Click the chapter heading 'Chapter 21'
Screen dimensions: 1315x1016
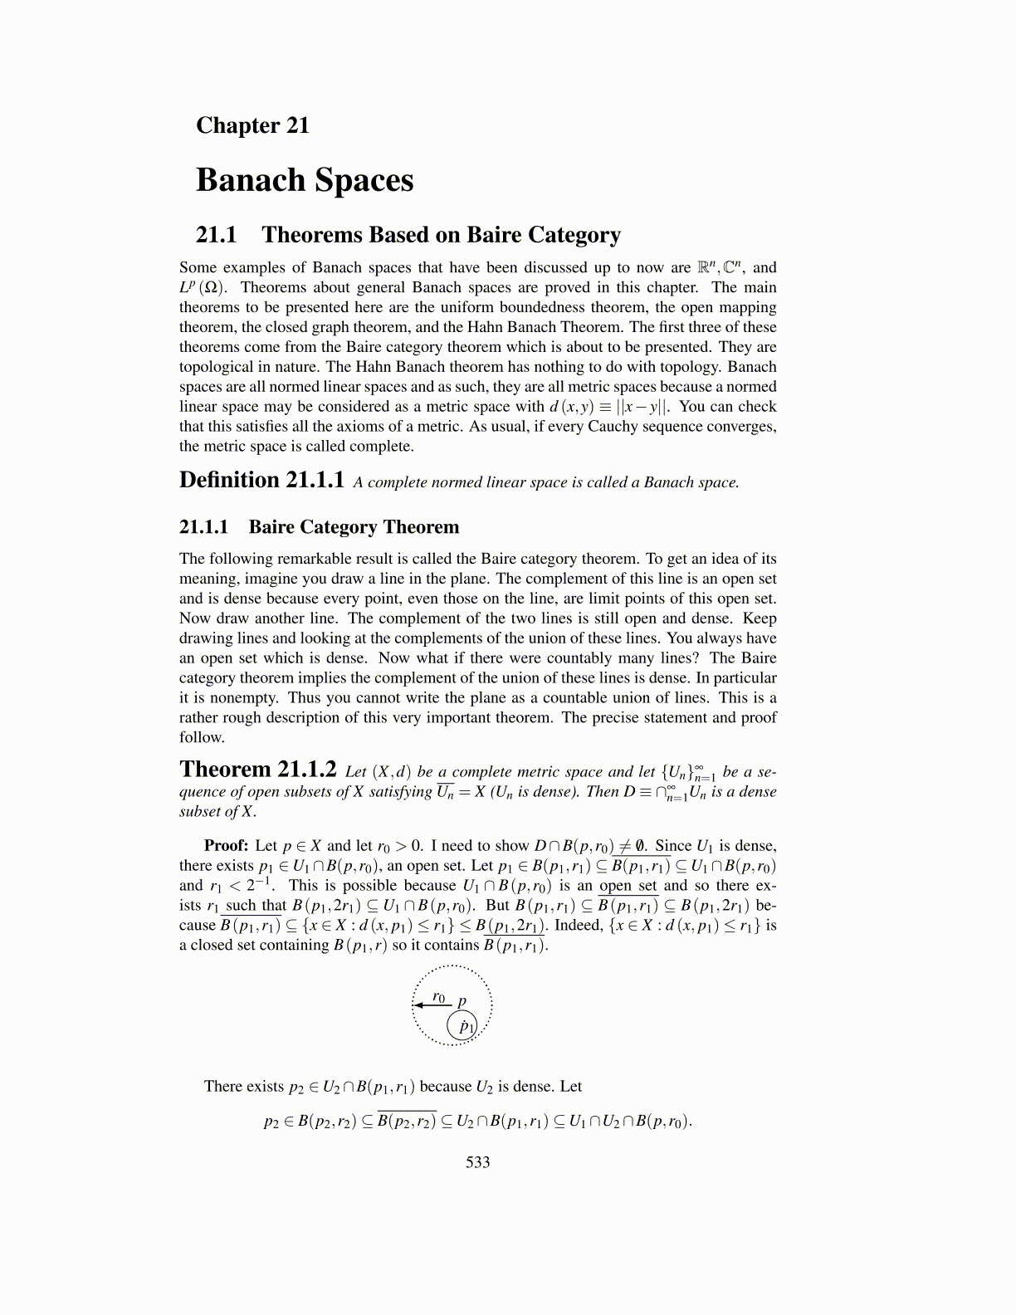tap(252, 125)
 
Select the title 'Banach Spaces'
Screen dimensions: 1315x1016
tap(305, 180)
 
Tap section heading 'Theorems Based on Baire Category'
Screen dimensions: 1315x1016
tap(441, 235)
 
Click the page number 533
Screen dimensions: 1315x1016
tap(478, 1162)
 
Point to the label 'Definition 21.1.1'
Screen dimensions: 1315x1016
tap(261, 481)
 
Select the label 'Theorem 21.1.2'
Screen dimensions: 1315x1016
tap(258, 770)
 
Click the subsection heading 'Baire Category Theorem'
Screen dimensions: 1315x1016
tap(354, 527)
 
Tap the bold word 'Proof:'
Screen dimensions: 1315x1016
tap(227, 845)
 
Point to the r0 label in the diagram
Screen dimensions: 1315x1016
tap(439, 997)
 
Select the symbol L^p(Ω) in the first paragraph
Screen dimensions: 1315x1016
tap(203, 287)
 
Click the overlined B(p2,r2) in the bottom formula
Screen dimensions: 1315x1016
tap(406, 1122)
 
